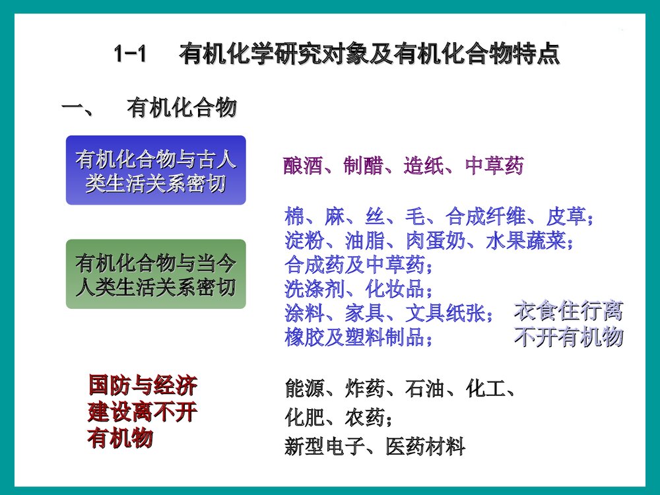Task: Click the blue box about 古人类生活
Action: coord(156,170)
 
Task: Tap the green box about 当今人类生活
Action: coord(156,275)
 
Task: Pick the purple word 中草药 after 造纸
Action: coord(494,166)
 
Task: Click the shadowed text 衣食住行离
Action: coord(568,312)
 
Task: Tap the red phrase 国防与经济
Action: coord(142,385)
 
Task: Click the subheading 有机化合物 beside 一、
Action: coord(181,108)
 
